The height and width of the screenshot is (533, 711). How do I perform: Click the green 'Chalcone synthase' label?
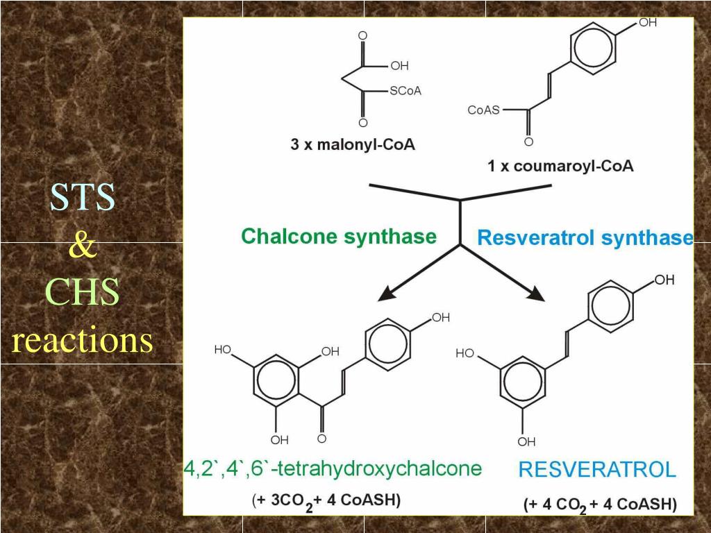click(339, 237)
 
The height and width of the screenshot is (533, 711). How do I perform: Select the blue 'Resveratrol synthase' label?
click(585, 237)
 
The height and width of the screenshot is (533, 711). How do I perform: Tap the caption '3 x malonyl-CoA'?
click(353, 144)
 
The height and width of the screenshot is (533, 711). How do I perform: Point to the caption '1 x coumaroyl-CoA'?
click(560, 166)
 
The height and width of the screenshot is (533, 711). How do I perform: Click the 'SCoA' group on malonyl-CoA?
click(405, 91)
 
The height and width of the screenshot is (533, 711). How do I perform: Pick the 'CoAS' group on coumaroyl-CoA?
click(483, 110)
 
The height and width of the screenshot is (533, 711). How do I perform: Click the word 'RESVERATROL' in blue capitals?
click(597, 469)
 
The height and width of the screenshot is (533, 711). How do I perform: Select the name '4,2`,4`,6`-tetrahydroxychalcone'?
click(333, 468)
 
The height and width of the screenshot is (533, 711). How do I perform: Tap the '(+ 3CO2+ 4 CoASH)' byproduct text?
click(326, 501)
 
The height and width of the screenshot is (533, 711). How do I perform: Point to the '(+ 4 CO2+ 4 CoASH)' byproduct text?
click(600, 505)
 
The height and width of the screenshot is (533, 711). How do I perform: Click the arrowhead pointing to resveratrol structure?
click(536, 294)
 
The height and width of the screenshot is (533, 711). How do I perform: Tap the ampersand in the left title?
click(83, 246)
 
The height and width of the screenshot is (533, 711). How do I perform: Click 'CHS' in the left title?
click(82, 292)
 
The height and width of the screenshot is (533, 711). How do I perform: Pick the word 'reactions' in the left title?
click(82, 340)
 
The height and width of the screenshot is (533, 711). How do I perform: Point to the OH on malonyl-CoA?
click(399, 66)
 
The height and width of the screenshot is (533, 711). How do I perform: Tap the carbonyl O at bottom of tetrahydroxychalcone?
click(321, 439)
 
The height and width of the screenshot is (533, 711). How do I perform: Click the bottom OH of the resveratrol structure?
click(526, 441)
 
